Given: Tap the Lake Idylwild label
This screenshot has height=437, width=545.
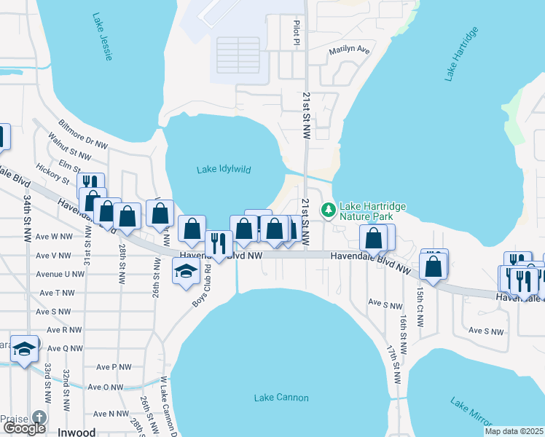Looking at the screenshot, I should click(x=224, y=170).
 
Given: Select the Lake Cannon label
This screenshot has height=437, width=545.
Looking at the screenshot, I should click(x=281, y=398).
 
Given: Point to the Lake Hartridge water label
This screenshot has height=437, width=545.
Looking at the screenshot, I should click(x=459, y=53).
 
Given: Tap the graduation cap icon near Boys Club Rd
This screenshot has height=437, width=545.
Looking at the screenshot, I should click(x=186, y=271).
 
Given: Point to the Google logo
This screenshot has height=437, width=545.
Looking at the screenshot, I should click(x=24, y=428).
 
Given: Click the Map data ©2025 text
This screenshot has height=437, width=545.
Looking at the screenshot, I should click(x=514, y=431).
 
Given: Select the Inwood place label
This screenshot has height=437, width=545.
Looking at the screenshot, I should click(x=76, y=432).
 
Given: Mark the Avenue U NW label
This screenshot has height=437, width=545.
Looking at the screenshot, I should click(x=64, y=274).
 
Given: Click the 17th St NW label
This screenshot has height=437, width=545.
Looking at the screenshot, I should click(x=393, y=364).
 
